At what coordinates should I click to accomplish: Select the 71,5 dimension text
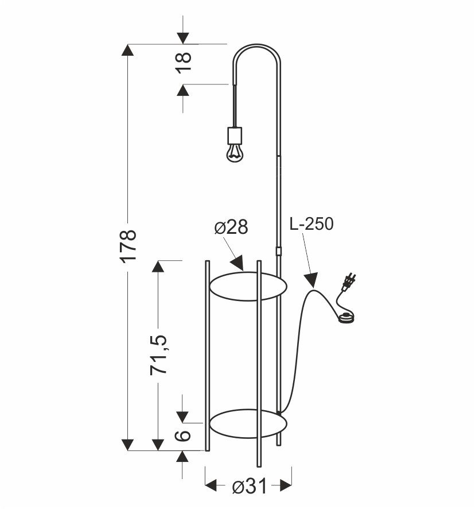[159, 354]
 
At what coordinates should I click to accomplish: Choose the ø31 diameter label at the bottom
[250, 487]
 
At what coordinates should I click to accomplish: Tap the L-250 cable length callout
[311, 223]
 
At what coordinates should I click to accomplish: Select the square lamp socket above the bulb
[234, 136]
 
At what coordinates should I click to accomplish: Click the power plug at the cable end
[349, 282]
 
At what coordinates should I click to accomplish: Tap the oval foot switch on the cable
[346, 317]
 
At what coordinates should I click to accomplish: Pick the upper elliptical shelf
[247, 287]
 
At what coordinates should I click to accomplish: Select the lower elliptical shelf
[247, 424]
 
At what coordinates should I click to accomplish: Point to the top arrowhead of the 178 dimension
[128, 50]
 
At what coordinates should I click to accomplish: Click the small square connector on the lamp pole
[279, 251]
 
